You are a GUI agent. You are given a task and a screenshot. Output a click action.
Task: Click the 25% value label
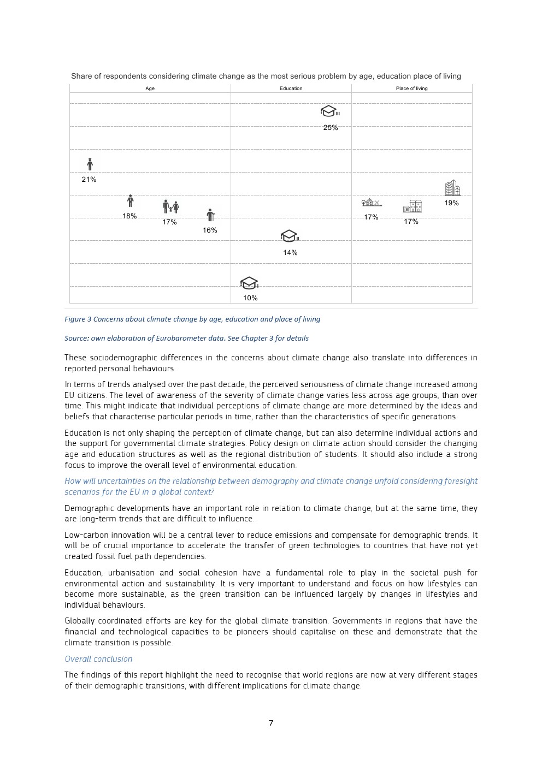pyautogui.click(x=331, y=128)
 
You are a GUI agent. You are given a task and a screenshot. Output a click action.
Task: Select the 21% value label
pyautogui.click(x=89, y=180)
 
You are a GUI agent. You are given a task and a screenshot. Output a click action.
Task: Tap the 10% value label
pyautogui.click(x=250, y=298)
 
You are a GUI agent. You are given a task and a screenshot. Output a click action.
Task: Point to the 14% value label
pyautogui.click(x=290, y=253)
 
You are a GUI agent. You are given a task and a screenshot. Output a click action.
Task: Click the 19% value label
pyautogui.click(x=451, y=203)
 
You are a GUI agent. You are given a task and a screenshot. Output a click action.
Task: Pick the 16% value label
pyautogui.click(x=210, y=230)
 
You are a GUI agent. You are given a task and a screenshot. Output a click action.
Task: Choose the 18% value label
pyautogui.click(x=129, y=216)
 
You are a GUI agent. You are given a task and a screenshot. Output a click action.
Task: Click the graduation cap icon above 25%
pyautogui.click(x=329, y=111)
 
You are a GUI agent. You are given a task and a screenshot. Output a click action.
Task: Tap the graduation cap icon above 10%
pyautogui.click(x=249, y=283)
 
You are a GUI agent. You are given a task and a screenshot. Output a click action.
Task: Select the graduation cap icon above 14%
pyautogui.click(x=289, y=236)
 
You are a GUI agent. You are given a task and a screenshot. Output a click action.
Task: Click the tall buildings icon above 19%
pyautogui.click(x=452, y=188)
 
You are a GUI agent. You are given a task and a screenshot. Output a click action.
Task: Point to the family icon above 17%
pyautogui.click(x=171, y=206)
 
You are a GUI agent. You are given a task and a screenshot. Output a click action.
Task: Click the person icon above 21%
pyautogui.click(x=90, y=164)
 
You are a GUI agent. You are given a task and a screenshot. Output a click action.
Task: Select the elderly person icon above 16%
pyautogui.click(x=211, y=215)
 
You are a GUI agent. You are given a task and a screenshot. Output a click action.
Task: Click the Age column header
pyautogui.click(x=150, y=88)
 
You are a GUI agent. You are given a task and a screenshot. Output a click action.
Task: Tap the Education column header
pyautogui.click(x=291, y=88)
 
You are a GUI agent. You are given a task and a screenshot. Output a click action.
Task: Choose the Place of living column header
pyautogui.click(x=411, y=88)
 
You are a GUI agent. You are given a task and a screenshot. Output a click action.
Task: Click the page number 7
pyautogui.click(x=271, y=723)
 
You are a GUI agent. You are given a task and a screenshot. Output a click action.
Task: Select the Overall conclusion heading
pyautogui.click(x=98, y=659)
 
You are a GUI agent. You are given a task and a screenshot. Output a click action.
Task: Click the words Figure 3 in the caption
pyautogui.click(x=75, y=319)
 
